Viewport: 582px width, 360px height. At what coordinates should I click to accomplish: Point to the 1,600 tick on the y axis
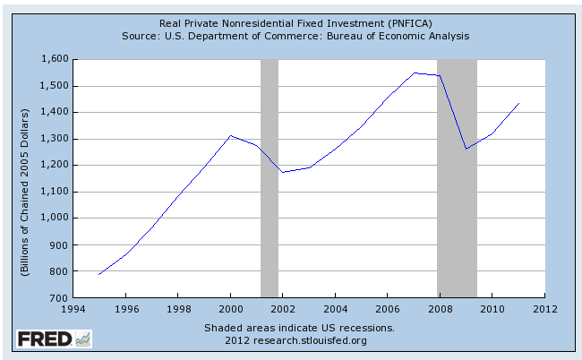(55, 59)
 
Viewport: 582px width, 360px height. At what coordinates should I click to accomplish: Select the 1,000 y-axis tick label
(55, 218)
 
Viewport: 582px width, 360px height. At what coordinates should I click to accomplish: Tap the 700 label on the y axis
(60, 296)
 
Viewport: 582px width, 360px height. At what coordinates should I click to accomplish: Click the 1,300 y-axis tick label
(55, 139)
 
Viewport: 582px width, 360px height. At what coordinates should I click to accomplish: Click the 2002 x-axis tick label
(283, 311)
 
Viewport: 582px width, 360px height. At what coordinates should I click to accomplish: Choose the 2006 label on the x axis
(388, 311)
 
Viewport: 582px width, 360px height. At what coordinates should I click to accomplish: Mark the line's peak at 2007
(414, 73)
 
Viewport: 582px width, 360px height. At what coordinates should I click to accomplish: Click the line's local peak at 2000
(230, 136)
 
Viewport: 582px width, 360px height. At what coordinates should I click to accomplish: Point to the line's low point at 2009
(466, 149)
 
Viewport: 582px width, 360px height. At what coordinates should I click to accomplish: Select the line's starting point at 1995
(99, 274)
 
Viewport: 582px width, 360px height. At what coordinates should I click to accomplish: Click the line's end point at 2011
(518, 103)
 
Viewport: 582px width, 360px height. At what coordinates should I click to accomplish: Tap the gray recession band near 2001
(270, 179)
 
